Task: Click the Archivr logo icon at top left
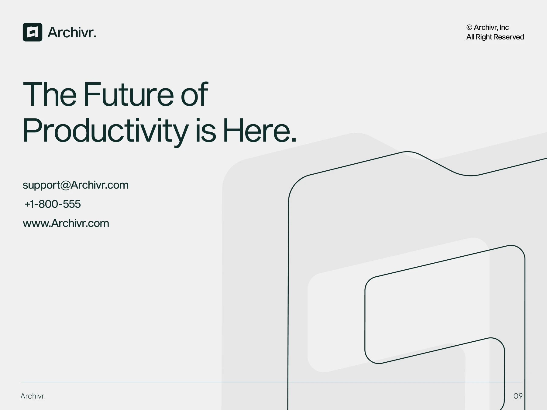[x=33, y=32]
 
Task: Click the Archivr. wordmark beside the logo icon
[x=72, y=32]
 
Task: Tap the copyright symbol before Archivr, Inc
[x=469, y=27]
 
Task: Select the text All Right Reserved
[x=495, y=37]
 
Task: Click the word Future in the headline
[x=129, y=94]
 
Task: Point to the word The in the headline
[x=50, y=94]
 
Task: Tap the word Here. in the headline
[x=260, y=130]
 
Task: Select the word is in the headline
[x=206, y=131]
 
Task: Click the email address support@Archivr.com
[x=76, y=185]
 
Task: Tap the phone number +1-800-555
[x=53, y=204]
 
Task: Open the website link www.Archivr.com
[x=66, y=223]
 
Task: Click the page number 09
[x=518, y=396]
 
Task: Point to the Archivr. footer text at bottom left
[x=33, y=396]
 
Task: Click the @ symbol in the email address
[x=65, y=185]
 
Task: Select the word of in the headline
[x=194, y=94]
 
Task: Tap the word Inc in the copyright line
[x=504, y=27]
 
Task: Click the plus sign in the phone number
[x=27, y=204]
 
